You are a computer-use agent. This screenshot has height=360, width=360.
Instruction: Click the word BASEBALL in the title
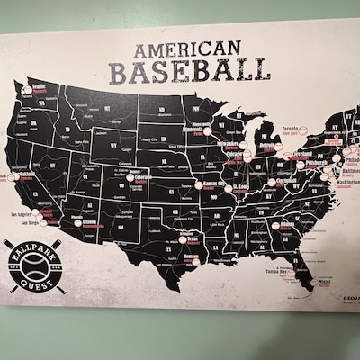(189, 70)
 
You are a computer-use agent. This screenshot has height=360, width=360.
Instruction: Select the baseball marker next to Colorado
(130, 177)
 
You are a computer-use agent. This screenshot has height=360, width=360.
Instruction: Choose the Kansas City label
(215, 183)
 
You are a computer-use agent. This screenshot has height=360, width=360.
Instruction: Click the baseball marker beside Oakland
(13, 177)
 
